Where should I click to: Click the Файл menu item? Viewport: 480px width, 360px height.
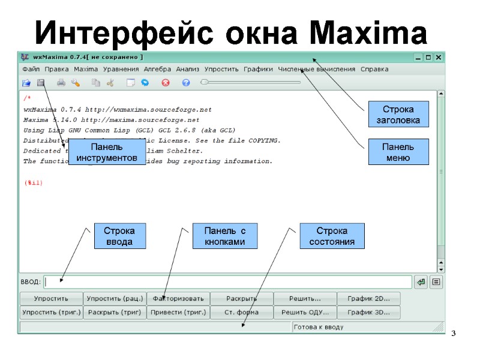(x=31, y=69)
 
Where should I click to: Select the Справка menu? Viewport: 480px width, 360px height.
(x=374, y=69)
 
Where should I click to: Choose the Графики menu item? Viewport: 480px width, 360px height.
(x=258, y=69)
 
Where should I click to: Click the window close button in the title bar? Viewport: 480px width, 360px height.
(x=439, y=58)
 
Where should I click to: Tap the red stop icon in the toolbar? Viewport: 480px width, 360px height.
(x=166, y=83)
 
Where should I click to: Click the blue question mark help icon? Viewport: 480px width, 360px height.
(x=186, y=83)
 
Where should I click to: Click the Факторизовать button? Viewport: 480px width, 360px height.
(x=178, y=298)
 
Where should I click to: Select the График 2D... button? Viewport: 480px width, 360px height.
(x=368, y=298)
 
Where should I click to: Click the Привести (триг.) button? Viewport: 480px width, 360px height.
(x=178, y=312)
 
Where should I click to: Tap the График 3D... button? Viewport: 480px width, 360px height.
(x=368, y=312)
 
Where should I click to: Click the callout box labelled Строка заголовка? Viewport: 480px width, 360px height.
(x=398, y=114)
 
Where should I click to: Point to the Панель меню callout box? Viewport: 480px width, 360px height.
(x=398, y=152)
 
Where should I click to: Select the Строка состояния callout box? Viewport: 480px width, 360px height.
(x=332, y=236)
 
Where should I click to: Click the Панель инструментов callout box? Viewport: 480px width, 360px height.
(x=107, y=152)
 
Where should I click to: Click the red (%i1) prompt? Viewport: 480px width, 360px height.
(x=33, y=182)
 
